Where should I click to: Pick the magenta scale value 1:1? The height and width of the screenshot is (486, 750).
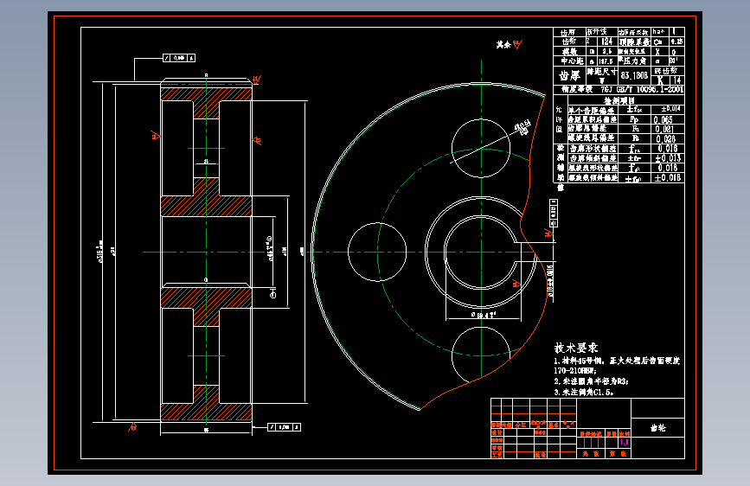(x=625, y=442)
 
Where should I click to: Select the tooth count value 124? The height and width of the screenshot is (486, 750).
(x=606, y=40)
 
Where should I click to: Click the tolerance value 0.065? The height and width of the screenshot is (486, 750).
(x=664, y=118)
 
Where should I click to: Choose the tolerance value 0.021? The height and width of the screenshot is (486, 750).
(x=664, y=128)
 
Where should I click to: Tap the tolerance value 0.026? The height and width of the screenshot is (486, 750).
(x=664, y=137)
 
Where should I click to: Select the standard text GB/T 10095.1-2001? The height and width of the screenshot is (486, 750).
(x=647, y=88)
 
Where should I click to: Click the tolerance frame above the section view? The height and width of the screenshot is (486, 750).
(x=177, y=58)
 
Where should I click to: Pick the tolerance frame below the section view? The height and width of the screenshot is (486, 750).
(x=285, y=426)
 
